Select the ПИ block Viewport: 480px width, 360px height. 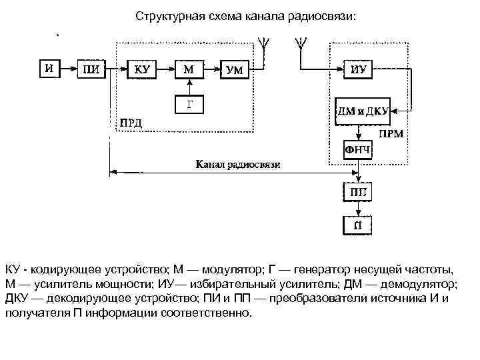pyautogui.click(x=91, y=68)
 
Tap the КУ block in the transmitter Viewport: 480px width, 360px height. pyautogui.click(x=142, y=68)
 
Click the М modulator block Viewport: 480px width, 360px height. pyautogui.click(x=189, y=68)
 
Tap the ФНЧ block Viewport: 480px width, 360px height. pyautogui.click(x=357, y=150)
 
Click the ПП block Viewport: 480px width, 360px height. pyautogui.click(x=357, y=193)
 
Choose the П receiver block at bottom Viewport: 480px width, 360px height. pyautogui.click(x=357, y=225)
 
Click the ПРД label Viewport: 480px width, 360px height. pyautogui.click(x=131, y=123)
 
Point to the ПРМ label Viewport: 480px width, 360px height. pyautogui.click(x=390, y=134)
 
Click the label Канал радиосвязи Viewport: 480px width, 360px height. pyautogui.click(x=238, y=164)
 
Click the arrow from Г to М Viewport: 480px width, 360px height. pyautogui.click(x=189, y=86)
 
